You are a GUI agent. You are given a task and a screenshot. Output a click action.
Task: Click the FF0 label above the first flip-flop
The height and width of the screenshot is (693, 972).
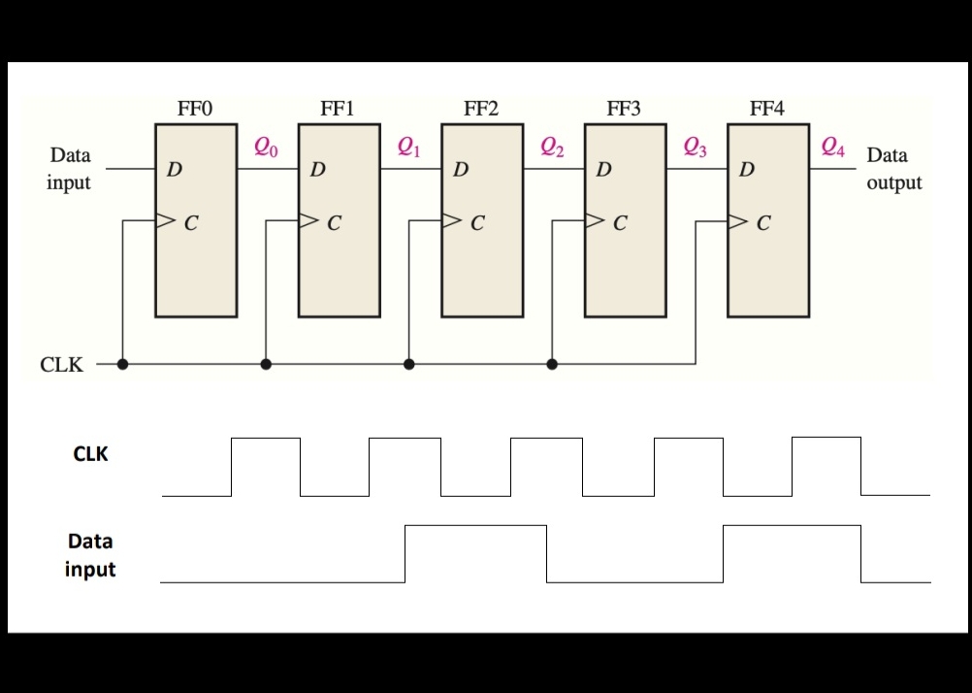pyautogui.click(x=194, y=109)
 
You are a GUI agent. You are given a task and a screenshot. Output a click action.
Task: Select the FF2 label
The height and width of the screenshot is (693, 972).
pyautogui.click(x=480, y=109)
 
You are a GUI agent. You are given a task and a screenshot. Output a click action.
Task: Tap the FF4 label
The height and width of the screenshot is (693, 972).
pyautogui.click(x=766, y=109)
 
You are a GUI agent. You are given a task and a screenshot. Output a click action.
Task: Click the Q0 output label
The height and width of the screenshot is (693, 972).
pyautogui.click(x=266, y=148)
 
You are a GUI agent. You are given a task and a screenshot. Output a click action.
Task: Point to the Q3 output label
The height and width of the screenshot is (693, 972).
pyautogui.click(x=696, y=148)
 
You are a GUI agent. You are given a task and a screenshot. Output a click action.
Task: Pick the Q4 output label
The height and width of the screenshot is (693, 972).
pyautogui.click(x=832, y=148)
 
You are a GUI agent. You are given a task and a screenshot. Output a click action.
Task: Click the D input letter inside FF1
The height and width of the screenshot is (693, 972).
pyautogui.click(x=317, y=171)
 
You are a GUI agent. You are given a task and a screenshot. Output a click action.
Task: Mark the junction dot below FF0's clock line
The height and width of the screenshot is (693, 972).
pyautogui.click(x=123, y=364)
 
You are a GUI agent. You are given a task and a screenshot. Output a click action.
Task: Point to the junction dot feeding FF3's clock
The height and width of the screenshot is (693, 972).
pyautogui.click(x=552, y=364)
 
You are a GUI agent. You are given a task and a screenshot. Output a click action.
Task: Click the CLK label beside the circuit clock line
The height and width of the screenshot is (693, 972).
pyautogui.click(x=61, y=366)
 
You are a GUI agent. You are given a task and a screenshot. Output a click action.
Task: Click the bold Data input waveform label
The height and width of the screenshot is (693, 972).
pyautogui.click(x=90, y=555)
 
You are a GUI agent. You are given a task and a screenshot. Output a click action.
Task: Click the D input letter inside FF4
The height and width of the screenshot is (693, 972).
pyautogui.click(x=746, y=171)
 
